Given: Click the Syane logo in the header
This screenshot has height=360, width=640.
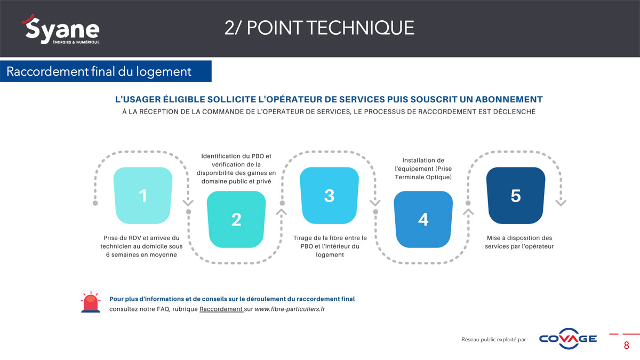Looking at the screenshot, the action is point(61,29).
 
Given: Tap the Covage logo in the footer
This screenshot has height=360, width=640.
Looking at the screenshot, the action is point(567,339).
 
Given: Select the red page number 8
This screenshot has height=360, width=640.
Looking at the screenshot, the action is point(627,346).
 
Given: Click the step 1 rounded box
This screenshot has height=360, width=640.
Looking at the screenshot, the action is point(143,195).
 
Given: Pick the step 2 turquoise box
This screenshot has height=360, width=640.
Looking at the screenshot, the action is point(236,219).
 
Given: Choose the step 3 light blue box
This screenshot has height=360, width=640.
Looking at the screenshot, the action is point(329,195).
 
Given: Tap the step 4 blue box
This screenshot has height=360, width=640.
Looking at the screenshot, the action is point(423,219).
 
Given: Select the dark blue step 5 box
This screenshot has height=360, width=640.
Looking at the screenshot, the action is point(516,195).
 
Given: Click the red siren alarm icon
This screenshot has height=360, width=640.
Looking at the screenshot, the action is point(91,302).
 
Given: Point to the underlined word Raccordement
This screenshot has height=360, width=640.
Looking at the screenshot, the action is point(221,309).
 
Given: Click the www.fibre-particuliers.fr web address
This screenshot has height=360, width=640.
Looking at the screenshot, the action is point(290,309).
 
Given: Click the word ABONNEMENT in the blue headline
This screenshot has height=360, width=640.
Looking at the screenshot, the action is point(509,99).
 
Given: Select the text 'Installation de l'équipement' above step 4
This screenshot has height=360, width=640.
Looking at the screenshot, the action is point(423,165).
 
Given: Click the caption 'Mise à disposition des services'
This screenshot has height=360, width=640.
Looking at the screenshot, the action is point(519,242).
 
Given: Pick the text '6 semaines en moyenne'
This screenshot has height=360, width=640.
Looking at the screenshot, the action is point(141,254).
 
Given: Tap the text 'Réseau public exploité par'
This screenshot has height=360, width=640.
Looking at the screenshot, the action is point(494,339).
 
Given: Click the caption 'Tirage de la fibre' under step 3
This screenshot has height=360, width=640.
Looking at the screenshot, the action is point(330,238).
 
